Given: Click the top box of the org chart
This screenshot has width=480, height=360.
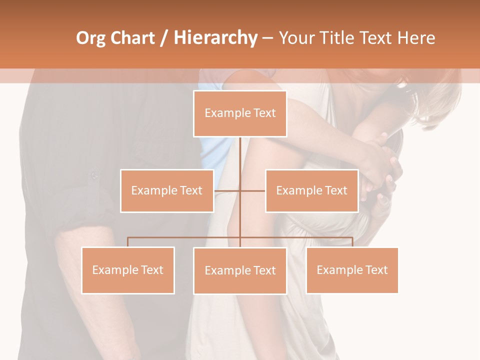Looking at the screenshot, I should point(240,113).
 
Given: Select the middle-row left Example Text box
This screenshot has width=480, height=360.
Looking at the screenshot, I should point(167,190).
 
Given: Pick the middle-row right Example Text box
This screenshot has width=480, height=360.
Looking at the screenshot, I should point(311,190).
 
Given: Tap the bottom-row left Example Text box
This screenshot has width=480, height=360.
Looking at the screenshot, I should point(128,270).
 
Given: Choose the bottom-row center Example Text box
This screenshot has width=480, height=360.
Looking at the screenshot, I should point(240,270).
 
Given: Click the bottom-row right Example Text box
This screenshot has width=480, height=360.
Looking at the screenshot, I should point(352,270).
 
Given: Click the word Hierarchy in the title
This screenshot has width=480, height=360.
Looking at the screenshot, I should point(215,38).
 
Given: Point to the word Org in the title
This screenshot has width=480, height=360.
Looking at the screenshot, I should point(90,38).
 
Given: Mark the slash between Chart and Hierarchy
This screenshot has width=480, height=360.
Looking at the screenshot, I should point(164,38).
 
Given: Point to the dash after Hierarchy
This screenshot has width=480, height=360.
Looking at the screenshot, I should point(267,38).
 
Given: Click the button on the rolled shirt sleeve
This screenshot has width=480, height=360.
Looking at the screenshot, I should point(93,175).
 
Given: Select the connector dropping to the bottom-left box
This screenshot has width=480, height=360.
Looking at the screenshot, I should point(128,242).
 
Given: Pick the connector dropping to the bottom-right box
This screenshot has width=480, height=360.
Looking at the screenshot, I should point(352,242).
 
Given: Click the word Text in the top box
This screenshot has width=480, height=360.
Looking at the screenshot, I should point(264,113).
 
